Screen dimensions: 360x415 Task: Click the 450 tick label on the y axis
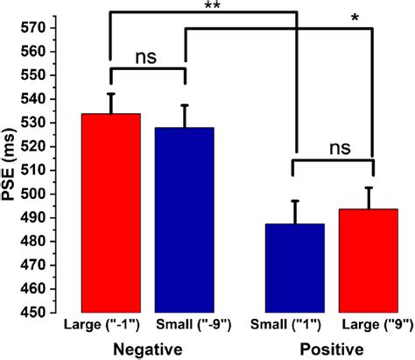(34, 312)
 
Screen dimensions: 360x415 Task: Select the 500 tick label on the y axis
(34, 194)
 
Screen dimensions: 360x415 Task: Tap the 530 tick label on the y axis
(34, 123)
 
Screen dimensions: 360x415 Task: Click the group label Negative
(147, 349)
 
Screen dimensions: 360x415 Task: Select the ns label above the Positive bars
(334, 150)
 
